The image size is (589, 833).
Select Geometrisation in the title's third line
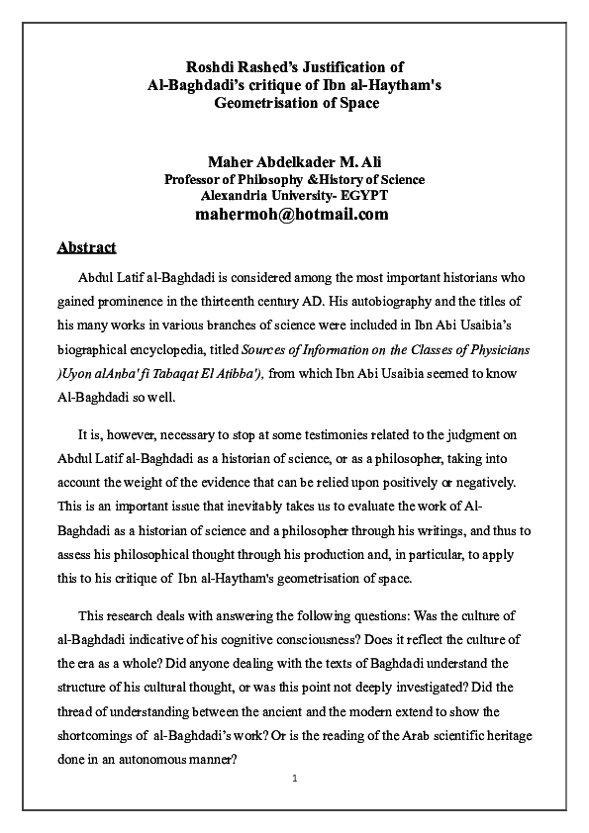tap(264, 104)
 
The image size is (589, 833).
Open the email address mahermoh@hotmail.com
tap(292, 215)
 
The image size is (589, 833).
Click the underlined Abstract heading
tap(86, 247)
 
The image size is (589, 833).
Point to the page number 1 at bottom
tap(294, 779)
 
